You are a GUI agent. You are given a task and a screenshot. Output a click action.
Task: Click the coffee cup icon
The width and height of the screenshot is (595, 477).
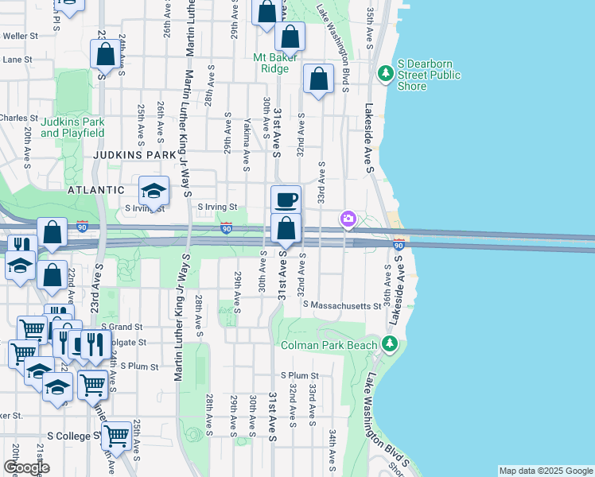[286, 200]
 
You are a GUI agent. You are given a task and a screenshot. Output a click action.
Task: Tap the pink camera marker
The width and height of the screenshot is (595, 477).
[348, 219]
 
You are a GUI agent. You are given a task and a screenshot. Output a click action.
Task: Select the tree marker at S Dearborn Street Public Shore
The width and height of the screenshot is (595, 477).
[386, 73]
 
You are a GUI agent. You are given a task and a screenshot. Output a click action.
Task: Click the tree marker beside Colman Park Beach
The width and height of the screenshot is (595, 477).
[389, 343]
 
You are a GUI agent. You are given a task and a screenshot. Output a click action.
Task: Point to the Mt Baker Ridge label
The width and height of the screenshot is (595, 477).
[275, 63]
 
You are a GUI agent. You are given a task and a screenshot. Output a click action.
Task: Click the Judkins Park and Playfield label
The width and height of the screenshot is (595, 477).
[72, 127]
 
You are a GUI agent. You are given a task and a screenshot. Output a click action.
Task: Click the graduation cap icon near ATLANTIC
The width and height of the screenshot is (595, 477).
[154, 191]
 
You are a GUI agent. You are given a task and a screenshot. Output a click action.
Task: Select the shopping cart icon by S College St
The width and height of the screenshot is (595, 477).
[117, 436]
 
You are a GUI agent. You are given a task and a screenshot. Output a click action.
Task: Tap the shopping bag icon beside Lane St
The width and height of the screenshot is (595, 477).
[105, 55]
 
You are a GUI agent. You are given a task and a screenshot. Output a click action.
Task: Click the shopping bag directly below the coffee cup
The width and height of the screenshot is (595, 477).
[286, 229]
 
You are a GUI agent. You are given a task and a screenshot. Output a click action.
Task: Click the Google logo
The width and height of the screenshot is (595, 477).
[26, 467]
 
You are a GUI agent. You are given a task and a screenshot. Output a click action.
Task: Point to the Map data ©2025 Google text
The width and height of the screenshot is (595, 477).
[545, 471]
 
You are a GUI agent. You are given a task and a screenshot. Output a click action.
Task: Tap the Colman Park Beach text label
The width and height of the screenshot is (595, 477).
[329, 345]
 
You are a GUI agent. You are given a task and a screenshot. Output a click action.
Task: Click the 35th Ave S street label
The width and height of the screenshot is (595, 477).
[371, 26]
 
